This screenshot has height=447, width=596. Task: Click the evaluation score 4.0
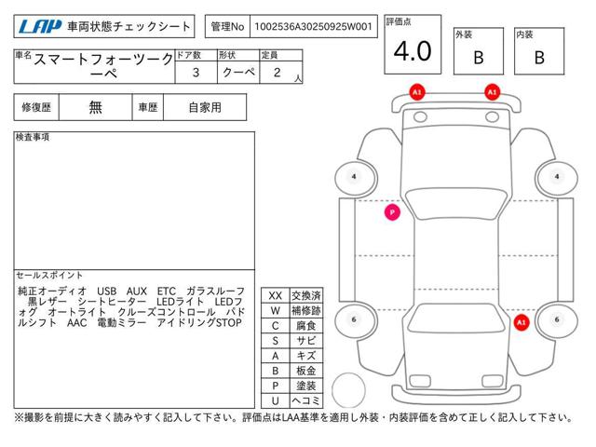412,52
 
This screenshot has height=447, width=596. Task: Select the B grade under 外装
478,57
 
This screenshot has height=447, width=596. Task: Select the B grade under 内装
538,57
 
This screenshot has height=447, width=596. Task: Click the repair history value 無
96,107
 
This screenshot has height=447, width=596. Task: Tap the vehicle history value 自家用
204,107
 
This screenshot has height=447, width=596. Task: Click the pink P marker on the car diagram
392,212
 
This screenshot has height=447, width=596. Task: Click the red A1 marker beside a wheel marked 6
521,322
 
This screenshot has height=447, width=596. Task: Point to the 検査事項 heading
34,138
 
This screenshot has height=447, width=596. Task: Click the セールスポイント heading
49,276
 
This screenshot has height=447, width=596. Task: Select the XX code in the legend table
275,295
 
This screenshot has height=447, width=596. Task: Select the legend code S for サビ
275,340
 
